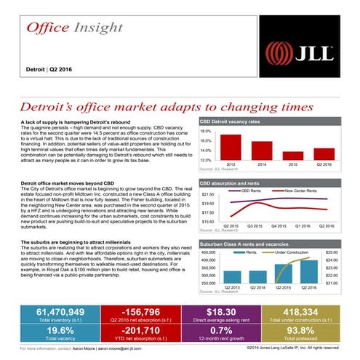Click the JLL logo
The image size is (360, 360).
point(299,52)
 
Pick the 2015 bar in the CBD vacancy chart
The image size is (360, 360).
point(293,155)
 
